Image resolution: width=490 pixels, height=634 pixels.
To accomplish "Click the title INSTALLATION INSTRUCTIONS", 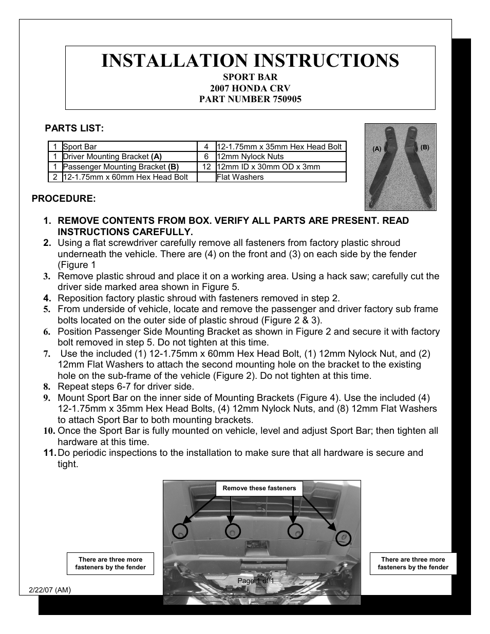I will (x=250, y=61).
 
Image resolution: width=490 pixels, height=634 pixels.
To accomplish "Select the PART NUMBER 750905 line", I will (x=250, y=99).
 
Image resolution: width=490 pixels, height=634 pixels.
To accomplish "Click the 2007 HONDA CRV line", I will (x=250, y=88).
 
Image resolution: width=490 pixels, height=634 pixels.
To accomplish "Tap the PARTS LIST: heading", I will (x=74, y=128).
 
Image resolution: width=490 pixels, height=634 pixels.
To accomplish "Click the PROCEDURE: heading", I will (x=64, y=198).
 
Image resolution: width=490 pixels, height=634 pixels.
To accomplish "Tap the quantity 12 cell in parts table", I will (x=206, y=167).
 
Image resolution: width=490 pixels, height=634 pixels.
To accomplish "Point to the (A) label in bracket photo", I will (x=377, y=149).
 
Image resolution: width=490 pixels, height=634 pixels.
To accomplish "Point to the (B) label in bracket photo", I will (x=424, y=147).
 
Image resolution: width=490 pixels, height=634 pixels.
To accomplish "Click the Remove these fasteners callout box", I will (x=259, y=488).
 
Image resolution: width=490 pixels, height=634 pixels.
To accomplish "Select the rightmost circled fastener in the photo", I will (x=343, y=537).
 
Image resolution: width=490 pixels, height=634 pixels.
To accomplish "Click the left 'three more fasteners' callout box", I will (x=110, y=563).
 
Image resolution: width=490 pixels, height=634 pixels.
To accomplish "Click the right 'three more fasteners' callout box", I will (x=413, y=563).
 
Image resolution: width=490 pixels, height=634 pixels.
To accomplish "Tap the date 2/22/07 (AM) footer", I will (x=46, y=590).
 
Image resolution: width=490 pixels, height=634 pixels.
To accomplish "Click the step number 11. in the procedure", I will (x=50, y=453).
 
